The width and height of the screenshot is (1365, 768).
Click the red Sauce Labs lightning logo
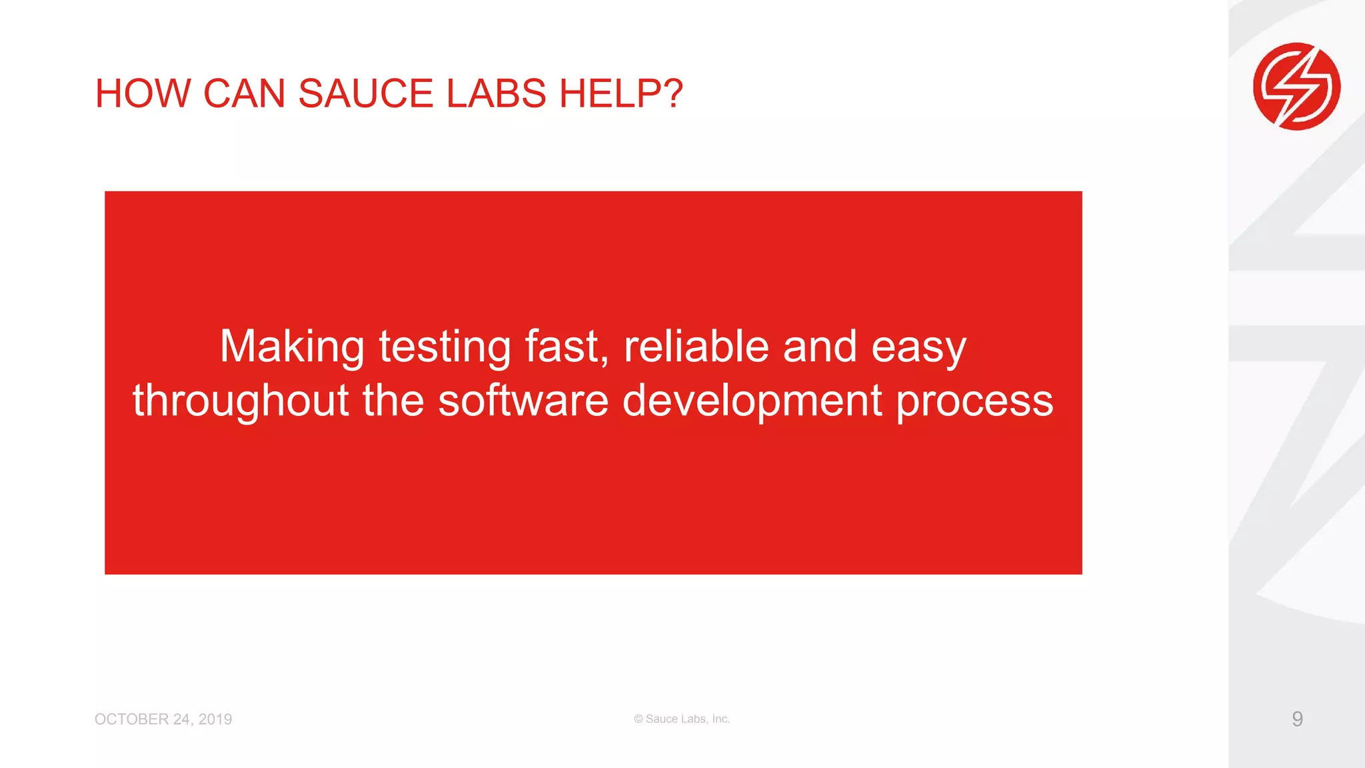[x=1296, y=86]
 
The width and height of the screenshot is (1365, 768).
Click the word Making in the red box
[x=292, y=347]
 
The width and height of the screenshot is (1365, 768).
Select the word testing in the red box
[x=445, y=347]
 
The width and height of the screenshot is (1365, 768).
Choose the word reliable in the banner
[x=696, y=347]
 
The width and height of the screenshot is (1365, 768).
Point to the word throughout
[x=241, y=401]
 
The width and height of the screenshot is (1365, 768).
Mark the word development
[x=752, y=401]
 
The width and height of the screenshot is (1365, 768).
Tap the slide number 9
[x=1297, y=719]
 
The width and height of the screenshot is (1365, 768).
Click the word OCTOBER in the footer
[x=131, y=719]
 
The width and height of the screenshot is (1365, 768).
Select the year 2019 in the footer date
[x=215, y=719]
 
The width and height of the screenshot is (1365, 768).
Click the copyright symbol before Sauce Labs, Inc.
[x=639, y=719]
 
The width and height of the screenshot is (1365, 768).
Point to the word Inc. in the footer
[x=720, y=719]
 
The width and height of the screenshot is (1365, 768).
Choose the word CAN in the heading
[x=244, y=93]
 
